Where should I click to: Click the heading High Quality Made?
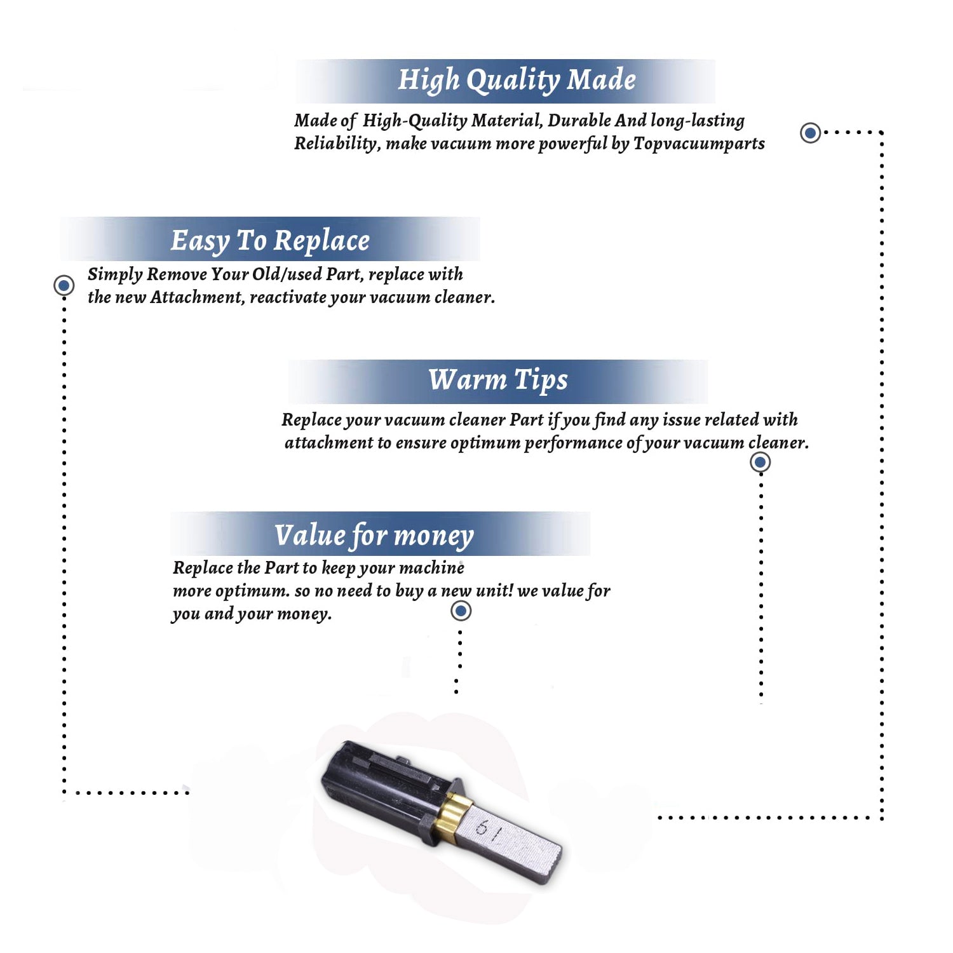pyautogui.click(x=517, y=81)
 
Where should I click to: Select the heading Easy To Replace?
pyautogui.click(x=270, y=241)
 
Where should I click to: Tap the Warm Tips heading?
pyautogui.click(x=498, y=381)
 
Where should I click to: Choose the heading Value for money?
pyautogui.click(x=374, y=536)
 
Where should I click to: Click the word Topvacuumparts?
pyautogui.click(x=699, y=144)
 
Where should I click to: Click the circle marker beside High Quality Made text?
pyautogui.click(x=810, y=133)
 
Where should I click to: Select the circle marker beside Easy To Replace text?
pyautogui.click(x=64, y=285)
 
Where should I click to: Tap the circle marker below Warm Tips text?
pyautogui.click(x=760, y=462)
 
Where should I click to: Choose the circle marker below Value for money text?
pyautogui.click(x=461, y=611)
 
